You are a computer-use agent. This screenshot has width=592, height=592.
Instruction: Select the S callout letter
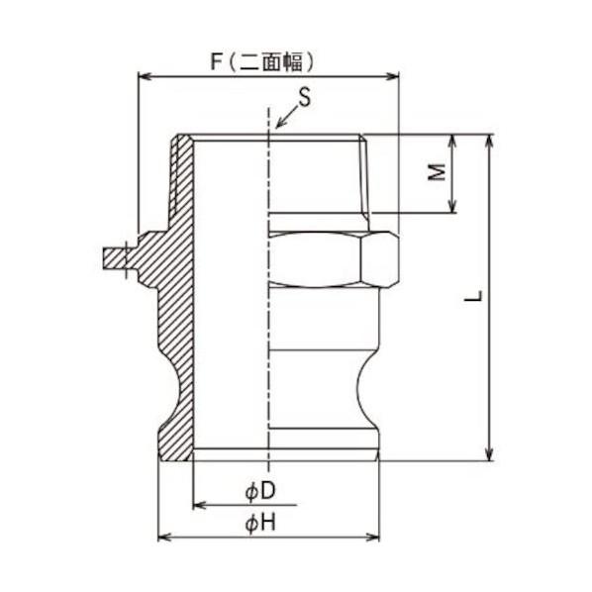[x=305, y=97]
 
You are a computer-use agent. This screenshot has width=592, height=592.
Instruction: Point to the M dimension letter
[x=434, y=173]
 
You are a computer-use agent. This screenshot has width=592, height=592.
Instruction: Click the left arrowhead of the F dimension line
[x=143, y=75]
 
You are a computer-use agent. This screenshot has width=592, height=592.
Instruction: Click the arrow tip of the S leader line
[x=277, y=129]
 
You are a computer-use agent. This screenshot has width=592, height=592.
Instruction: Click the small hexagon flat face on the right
[x=380, y=260]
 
